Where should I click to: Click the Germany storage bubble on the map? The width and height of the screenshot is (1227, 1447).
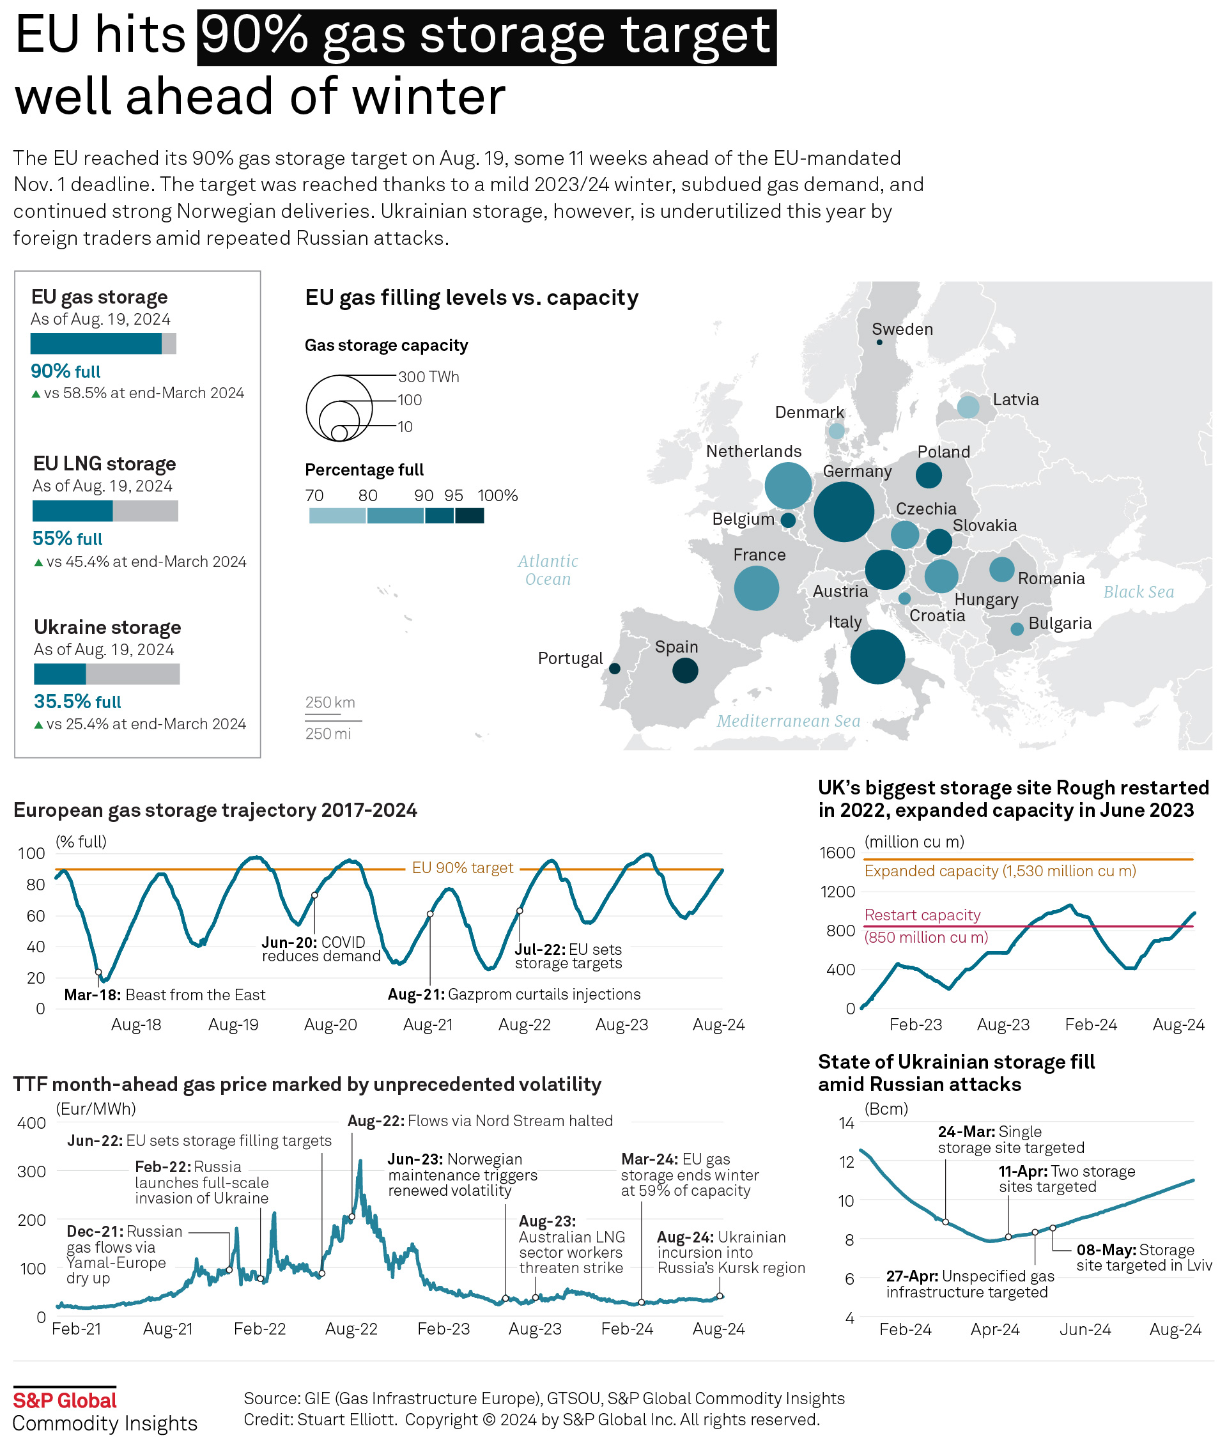pyautogui.click(x=843, y=511)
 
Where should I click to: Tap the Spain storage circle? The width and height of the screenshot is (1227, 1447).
pyautogui.click(x=685, y=670)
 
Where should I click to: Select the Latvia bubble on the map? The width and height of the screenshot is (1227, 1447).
pyautogui.click(x=968, y=407)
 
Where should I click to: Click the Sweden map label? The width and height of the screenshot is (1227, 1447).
pyautogui.click(x=902, y=329)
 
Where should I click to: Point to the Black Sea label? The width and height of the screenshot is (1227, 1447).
pyautogui.click(x=1138, y=592)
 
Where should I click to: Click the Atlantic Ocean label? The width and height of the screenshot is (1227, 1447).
pyautogui.click(x=548, y=569)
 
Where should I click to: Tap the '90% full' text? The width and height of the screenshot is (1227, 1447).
pyautogui.click(x=65, y=371)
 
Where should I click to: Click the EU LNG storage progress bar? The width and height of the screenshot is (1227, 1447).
pyautogui.click(x=105, y=511)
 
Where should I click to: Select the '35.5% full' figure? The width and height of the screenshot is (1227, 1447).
pyautogui.click(x=77, y=701)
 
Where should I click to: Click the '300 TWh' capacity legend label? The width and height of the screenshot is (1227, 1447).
pyautogui.click(x=428, y=377)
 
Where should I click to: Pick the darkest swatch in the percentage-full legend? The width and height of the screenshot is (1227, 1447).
pyautogui.click(x=470, y=516)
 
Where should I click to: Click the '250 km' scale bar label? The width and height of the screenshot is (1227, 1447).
pyautogui.click(x=330, y=702)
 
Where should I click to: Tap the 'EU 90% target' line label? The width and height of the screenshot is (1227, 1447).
pyautogui.click(x=463, y=867)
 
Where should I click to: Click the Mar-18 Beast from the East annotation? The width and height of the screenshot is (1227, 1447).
pyautogui.click(x=164, y=994)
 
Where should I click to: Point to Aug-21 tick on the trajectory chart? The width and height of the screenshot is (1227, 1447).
pyautogui.click(x=428, y=1025)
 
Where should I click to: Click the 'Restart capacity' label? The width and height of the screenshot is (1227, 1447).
pyautogui.click(x=922, y=915)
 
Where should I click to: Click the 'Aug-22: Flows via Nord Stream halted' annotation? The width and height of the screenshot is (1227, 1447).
pyautogui.click(x=480, y=1121)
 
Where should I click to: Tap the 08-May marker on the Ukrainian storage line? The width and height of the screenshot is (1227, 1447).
pyautogui.click(x=1053, y=1228)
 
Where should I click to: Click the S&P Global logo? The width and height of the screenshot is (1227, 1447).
pyautogui.click(x=65, y=1400)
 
